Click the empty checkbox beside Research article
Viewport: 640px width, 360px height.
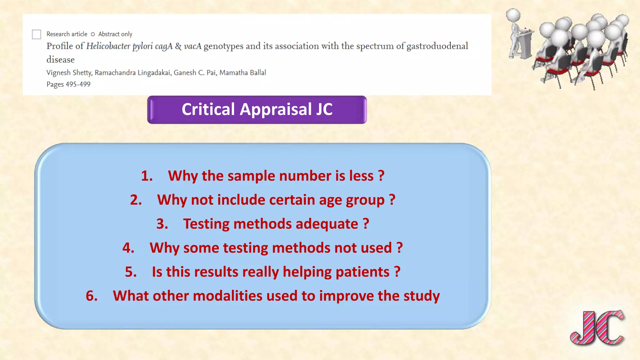(37, 34)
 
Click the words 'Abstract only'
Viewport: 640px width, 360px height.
(115, 34)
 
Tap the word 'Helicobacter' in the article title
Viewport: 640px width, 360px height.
(108, 46)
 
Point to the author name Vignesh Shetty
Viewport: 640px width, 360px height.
(69, 73)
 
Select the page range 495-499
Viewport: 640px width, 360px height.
(78, 84)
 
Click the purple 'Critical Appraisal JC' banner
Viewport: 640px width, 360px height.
(257, 110)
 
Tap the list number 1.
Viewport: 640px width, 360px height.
(147, 176)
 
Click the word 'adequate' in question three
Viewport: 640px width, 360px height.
(327, 224)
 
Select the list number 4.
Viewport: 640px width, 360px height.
(128, 248)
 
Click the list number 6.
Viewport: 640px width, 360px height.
(92, 296)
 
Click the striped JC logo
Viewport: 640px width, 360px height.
(597, 328)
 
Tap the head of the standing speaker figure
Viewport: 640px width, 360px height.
(513, 15)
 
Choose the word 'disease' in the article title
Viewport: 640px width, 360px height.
(61, 60)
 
